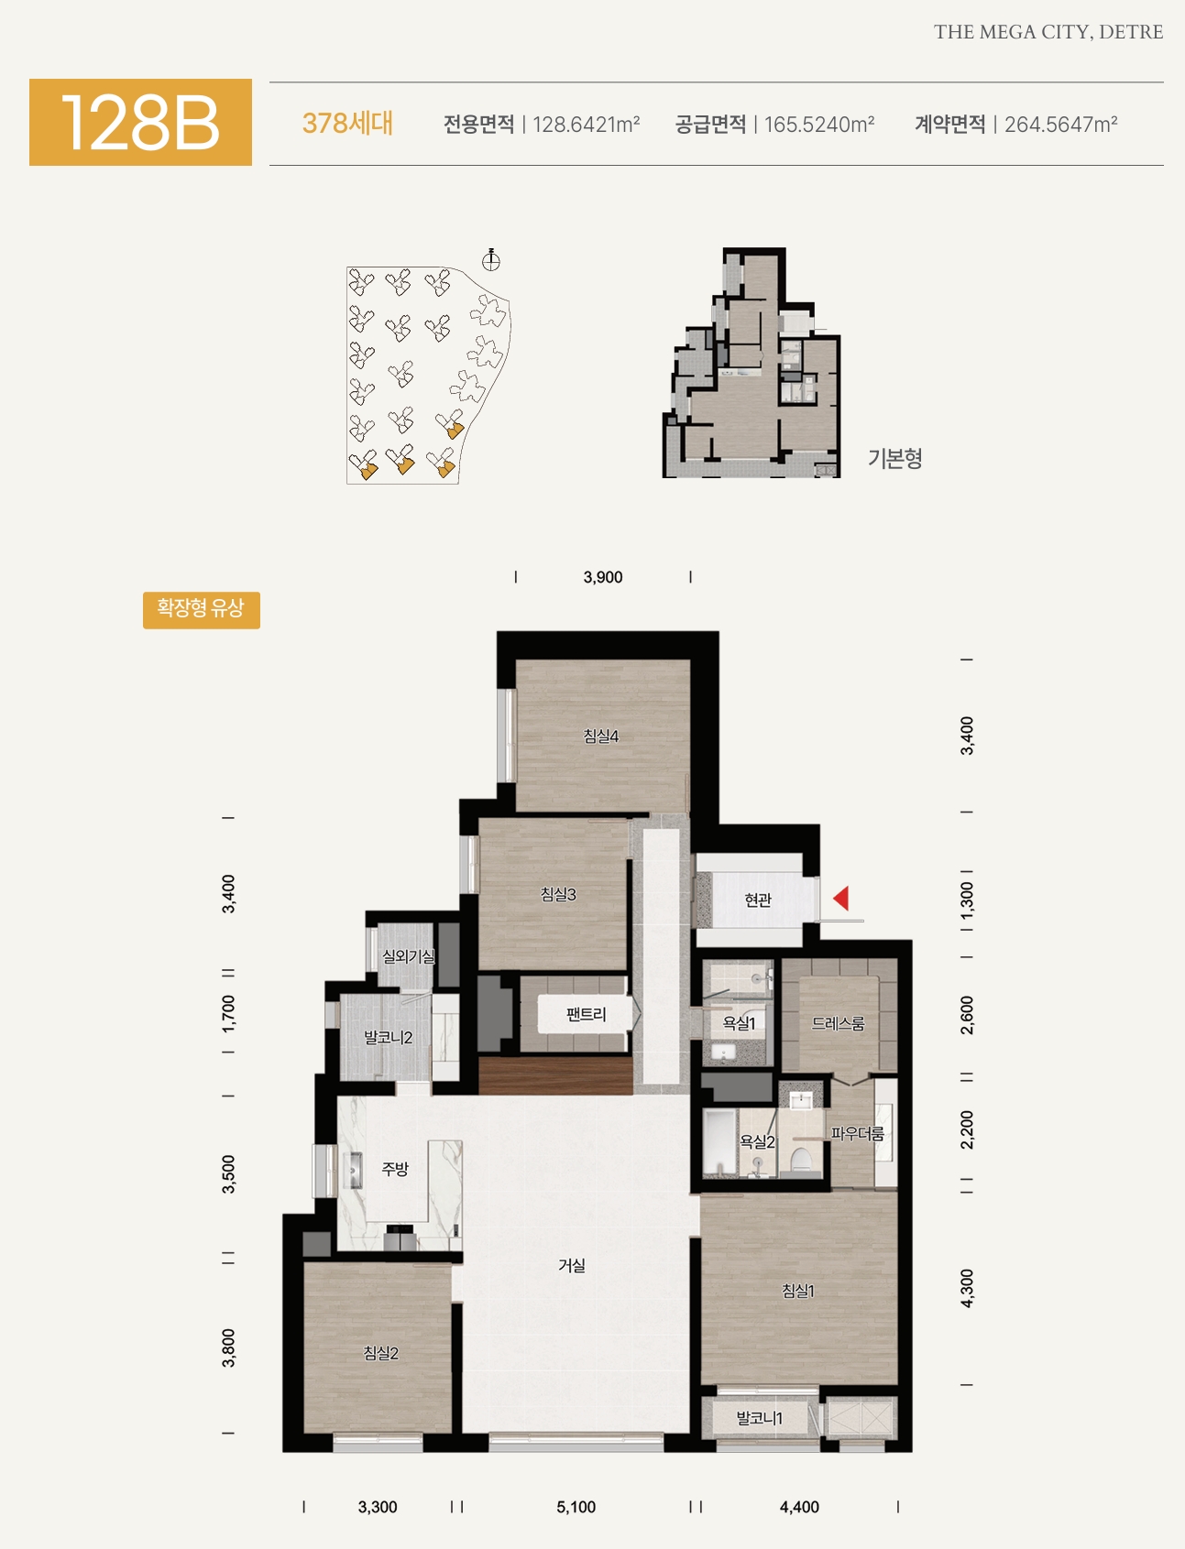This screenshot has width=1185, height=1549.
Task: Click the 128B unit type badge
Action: click(x=140, y=122)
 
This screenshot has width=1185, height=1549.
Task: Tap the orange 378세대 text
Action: click(x=347, y=124)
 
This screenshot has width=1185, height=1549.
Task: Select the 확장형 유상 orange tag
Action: click(x=202, y=610)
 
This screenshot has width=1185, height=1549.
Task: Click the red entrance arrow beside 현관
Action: click(x=840, y=898)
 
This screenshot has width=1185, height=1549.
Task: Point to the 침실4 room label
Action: click(x=601, y=736)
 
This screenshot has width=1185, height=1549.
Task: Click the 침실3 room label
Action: click(x=558, y=894)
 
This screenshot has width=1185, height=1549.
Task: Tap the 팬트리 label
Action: click(x=587, y=1015)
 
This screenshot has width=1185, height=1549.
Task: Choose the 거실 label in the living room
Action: click(x=572, y=1265)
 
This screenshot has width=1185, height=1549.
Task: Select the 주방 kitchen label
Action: click(x=395, y=1169)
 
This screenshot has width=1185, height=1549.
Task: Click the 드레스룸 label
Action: click(x=839, y=1023)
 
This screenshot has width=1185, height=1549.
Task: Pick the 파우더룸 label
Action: click(x=858, y=1134)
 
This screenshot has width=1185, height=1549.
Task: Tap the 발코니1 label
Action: click(x=760, y=1418)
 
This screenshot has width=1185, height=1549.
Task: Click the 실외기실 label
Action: click(x=409, y=956)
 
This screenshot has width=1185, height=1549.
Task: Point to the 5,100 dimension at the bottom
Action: click(x=576, y=1507)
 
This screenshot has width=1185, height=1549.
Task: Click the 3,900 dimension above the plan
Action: click(x=603, y=577)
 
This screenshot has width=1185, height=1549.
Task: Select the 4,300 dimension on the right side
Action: click(x=967, y=1288)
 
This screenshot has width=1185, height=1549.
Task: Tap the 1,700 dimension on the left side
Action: click(x=228, y=1013)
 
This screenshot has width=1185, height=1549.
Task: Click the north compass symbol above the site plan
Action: click(x=491, y=259)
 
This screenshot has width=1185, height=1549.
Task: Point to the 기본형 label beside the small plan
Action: click(x=895, y=458)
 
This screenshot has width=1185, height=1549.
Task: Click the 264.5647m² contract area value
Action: click(x=1061, y=125)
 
